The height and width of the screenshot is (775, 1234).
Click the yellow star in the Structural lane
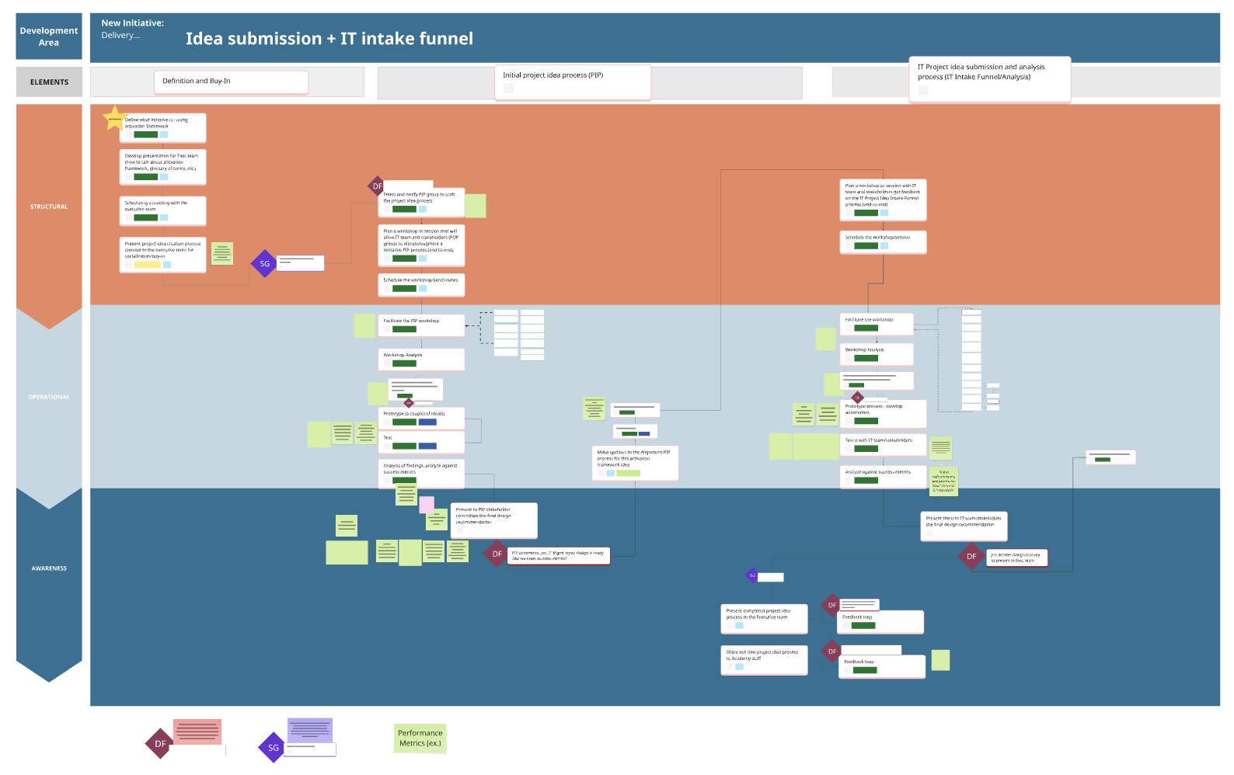[114, 118]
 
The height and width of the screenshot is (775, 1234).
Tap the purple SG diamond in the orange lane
[264, 264]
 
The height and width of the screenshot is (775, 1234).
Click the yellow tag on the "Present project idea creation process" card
[147, 265]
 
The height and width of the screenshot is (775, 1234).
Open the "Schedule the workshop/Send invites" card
[421, 284]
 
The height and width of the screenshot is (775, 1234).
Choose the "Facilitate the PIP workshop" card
[421, 325]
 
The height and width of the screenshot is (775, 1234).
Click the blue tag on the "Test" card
[427, 446]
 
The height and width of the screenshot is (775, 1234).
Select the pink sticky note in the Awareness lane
[427, 506]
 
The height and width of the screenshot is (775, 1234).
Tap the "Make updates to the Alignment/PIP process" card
[635, 463]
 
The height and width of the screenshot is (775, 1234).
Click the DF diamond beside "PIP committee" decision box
[497, 554]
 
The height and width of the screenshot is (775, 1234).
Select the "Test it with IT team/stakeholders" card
[883, 444]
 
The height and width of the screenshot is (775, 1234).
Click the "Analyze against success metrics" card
[883, 476]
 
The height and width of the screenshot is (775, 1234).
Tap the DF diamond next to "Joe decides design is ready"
[971, 557]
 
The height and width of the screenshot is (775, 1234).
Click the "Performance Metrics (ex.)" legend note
[420, 738]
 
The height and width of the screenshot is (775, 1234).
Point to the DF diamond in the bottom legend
[160, 744]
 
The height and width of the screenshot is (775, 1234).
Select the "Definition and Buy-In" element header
[231, 82]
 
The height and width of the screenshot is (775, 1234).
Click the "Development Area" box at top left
[49, 36]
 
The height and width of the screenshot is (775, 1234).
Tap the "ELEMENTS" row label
[49, 82]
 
